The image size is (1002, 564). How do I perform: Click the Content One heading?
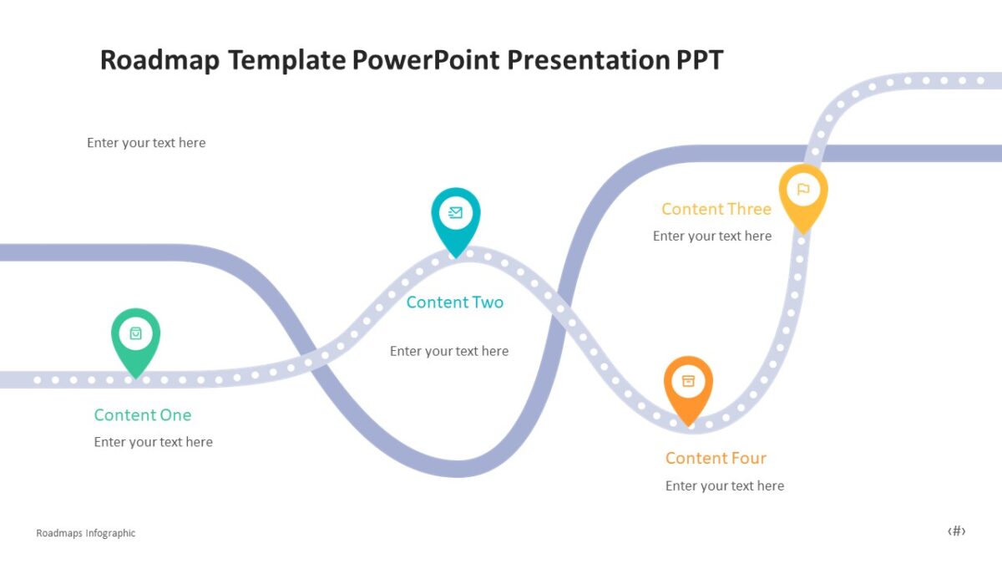(143, 415)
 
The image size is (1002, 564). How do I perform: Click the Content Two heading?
(455, 302)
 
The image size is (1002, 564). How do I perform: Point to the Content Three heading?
(716, 209)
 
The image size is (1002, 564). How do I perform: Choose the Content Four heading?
(716, 458)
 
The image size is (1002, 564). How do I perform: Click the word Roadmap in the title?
(159, 60)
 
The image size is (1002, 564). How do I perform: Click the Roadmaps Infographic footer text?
(86, 533)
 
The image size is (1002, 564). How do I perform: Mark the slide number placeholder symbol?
(957, 531)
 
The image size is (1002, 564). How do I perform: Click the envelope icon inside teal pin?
(455, 212)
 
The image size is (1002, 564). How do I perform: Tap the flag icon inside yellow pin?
(803, 190)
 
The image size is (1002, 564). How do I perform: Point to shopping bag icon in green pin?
(135, 333)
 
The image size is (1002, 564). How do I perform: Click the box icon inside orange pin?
(688, 381)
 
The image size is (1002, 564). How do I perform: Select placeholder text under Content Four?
(725, 485)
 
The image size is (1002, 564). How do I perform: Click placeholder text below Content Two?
(449, 351)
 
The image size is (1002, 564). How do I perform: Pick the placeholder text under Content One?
(154, 442)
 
